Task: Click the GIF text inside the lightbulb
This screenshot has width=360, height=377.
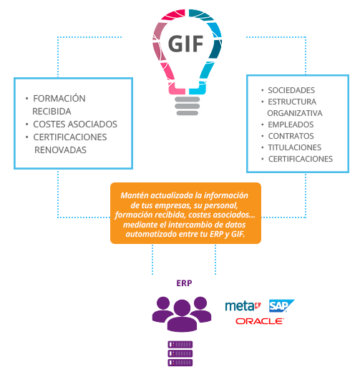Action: point(185,44)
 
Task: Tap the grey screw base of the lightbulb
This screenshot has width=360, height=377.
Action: point(187,106)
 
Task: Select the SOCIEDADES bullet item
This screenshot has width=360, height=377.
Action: point(291,90)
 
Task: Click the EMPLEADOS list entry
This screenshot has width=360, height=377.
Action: point(291,124)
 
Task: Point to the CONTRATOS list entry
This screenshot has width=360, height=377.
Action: point(291,136)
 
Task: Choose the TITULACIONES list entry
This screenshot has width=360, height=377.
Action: point(295,147)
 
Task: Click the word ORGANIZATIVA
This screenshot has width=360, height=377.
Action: point(295,113)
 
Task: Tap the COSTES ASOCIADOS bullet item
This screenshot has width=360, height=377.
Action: point(75,124)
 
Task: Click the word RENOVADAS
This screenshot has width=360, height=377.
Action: point(60,150)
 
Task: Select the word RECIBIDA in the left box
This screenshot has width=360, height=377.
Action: point(52,112)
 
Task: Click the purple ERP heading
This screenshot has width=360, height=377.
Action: point(184,283)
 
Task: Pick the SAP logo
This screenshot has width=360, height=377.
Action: point(281,305)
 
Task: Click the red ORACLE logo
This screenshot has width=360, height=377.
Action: point(260,321)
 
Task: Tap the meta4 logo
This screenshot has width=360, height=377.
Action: point(243,306)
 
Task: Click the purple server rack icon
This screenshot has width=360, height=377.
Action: point(180,353)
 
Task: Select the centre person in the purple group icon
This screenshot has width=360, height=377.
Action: point(182,315)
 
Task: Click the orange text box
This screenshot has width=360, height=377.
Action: point(185,213)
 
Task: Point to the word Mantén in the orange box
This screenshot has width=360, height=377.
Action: point(135,195)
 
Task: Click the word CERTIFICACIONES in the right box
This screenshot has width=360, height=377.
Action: point(301,159)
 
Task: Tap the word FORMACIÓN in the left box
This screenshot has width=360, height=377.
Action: point(59,98)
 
